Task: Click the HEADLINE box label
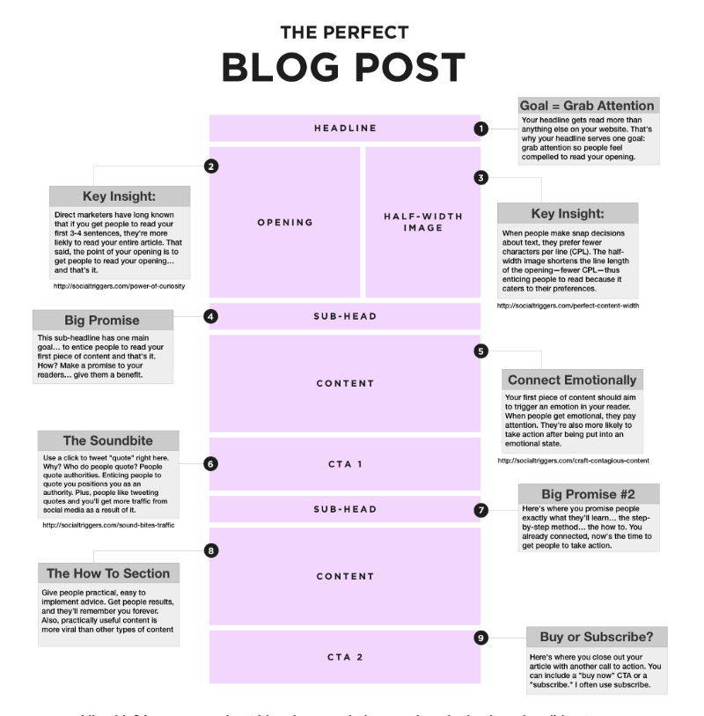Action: (345, 129)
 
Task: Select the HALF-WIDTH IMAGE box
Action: (422, 222)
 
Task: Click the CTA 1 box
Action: (345, 463)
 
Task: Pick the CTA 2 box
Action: (345, 656)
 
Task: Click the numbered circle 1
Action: (480, 129)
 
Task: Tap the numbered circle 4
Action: (211, 314)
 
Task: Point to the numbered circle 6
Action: (211, 463)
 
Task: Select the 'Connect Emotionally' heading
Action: (572, 380)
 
